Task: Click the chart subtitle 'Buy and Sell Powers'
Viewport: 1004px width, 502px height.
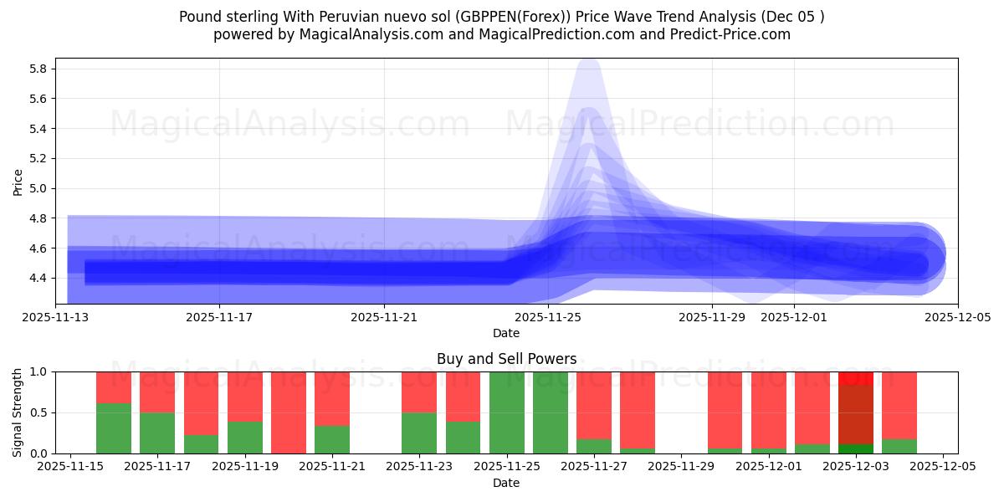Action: pos(506,359)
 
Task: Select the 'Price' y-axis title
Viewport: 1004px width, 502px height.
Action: pos(18,182)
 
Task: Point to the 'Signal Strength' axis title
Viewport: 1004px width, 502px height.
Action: pos(18,412)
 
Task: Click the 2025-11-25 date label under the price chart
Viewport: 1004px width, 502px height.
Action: pos(547,318)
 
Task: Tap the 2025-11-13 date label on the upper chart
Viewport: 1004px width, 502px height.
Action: pos(55,318)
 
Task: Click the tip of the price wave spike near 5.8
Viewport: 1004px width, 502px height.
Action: pos(588,67)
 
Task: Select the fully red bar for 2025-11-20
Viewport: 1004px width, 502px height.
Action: pos(289,412)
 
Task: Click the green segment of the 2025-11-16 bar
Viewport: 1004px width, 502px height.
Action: pos(114,428)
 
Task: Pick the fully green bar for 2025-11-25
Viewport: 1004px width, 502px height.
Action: pos(507,412)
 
